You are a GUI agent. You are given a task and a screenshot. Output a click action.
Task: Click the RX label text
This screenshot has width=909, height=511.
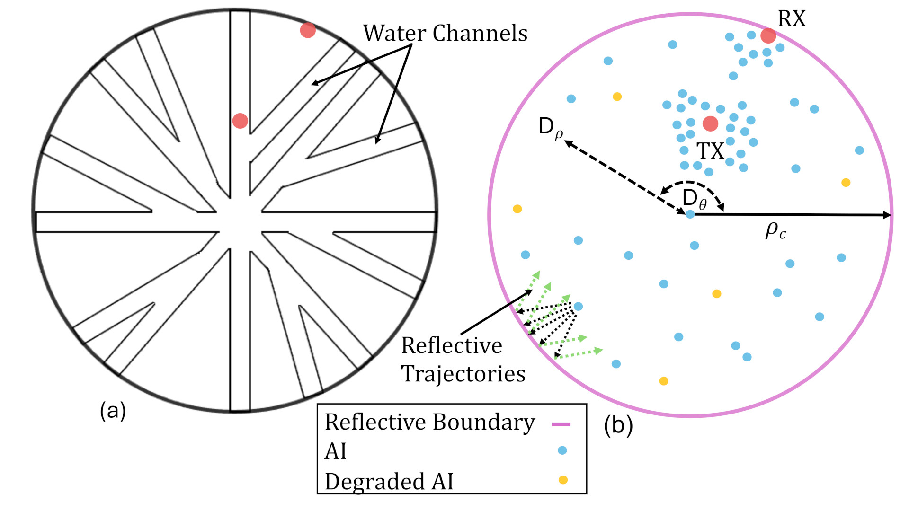click(x=792, y=19)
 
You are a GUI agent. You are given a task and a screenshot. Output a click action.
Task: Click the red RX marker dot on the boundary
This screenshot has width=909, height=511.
click(x=768, y=35)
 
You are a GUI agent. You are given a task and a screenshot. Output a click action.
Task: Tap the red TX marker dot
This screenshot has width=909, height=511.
click(x=710, y=123)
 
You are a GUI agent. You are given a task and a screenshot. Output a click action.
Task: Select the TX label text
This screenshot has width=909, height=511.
click(x=711, y=151)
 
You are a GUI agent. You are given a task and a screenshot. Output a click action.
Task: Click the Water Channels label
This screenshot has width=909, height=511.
click(x=445, y=33)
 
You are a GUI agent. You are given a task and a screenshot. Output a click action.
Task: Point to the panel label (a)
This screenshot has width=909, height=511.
click(x=113, y=411)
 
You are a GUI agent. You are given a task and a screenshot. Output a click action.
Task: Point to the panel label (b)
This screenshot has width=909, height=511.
click(x=618, y=425)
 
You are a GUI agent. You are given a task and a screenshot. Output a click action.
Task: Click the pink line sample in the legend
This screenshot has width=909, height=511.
click(x=561, y=424)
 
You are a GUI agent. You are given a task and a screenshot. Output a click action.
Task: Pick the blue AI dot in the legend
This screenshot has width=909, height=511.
click(x=562, y=450)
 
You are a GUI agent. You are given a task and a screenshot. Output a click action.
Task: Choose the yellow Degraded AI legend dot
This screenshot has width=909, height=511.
click(x=563, y=480)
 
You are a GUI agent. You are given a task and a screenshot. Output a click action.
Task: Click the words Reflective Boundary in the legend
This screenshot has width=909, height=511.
click(x=430, y=423)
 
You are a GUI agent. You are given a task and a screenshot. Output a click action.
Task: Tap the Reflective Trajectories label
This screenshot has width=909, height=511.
click(x=463, y=360)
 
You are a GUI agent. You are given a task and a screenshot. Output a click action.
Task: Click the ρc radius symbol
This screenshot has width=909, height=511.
click(x=775, y=231)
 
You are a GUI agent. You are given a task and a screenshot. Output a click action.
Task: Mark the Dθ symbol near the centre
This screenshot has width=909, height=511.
click(x=695, y=199)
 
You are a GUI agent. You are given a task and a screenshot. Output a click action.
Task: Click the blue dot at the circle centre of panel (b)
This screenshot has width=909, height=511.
click(x=690, y=214)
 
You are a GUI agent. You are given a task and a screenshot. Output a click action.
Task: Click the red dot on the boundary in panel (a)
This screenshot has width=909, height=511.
click(x=308, y=30)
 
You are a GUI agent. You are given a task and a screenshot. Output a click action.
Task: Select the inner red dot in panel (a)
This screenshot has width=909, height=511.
click(x=240, y=121)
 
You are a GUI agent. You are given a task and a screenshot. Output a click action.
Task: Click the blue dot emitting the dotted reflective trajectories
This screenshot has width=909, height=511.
click(x=578, y=307)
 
